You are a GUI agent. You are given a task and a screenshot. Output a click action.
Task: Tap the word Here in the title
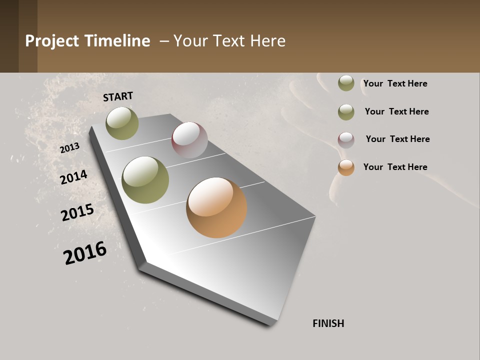[x=267, y=41]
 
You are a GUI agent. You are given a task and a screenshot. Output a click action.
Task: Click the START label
[x=118, y=96]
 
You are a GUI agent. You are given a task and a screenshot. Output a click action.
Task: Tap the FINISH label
[x=328, y=323]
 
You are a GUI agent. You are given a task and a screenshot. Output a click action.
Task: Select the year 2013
[x=69, y=148]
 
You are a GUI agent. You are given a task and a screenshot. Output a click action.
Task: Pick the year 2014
[x=74, y=177]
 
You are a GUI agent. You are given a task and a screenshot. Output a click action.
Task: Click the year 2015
[x=77, y=213]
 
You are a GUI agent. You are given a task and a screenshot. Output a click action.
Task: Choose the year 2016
[x=85, y=252]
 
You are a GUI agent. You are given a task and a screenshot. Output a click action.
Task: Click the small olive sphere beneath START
[x=122, y=123]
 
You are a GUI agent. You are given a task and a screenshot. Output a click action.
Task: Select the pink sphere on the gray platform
[x=189, y=140]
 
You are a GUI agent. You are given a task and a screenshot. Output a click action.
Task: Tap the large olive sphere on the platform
[x=145, y=180]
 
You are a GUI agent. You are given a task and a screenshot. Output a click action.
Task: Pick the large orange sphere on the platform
[x=216, y=207]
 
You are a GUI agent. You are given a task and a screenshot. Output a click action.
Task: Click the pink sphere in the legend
[x=346, y=140]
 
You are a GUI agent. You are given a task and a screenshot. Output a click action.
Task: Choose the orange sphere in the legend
[x=346, y=167]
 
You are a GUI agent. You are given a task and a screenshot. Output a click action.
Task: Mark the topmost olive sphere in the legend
[x=346, y=83]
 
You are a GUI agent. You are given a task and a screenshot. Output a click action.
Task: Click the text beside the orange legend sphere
[x=395, y=167]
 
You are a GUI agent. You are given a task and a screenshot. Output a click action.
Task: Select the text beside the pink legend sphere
[x=397, y=139]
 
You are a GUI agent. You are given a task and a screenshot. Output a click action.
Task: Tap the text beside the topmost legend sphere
[x=395, y=83]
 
